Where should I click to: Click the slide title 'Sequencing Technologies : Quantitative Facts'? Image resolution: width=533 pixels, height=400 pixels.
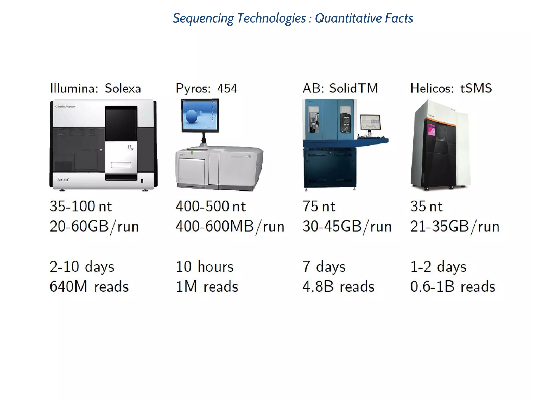pos(293,18)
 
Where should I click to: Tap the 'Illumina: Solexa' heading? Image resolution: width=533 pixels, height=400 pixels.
pos(95,89)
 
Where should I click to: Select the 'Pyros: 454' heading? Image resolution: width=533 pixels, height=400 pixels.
pos(206,89)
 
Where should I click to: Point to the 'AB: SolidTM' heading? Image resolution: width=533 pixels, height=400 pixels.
pos(340,89)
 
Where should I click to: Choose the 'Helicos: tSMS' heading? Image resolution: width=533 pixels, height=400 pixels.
pos(451,89)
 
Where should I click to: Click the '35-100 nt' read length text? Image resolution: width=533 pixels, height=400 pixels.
pos(81,207)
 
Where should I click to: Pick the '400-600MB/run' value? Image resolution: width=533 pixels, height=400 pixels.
pos(230,226)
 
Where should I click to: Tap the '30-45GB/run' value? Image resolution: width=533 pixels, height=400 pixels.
pos(347,226)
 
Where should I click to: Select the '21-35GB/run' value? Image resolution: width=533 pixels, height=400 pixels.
pos(455,226)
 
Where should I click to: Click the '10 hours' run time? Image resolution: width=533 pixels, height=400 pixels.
pos(205,267)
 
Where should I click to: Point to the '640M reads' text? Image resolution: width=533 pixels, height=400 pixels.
pos(89,286)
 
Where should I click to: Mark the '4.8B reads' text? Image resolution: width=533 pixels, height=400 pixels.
pos(338,286)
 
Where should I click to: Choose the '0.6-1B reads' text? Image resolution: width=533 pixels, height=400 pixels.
pos(453,286)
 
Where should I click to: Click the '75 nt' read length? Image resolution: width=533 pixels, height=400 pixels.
pos(319,207)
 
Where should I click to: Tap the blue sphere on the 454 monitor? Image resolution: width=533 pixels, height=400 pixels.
pos(192,116)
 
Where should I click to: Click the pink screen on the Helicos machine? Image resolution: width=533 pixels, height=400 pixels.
pos(432,129)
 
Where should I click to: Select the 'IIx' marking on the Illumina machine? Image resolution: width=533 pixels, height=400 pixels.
pos(130,148)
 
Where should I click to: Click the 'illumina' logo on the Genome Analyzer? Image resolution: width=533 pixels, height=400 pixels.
pos(62,179)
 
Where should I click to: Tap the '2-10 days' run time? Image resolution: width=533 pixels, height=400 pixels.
pos(82,267)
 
